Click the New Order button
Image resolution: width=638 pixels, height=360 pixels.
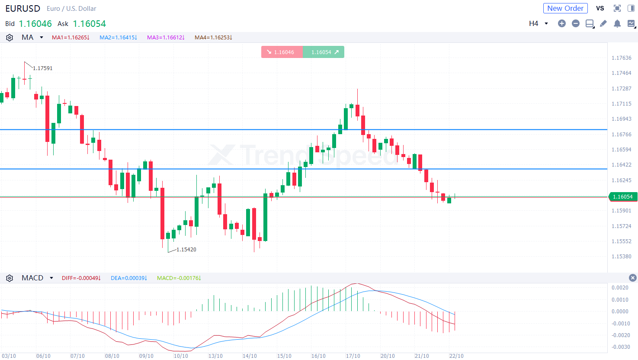[565, 8]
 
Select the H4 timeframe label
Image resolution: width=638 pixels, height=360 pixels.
[533, 23]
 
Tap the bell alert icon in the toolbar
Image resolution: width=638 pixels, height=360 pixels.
[617, 23]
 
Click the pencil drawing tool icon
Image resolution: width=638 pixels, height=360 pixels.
[603, 23]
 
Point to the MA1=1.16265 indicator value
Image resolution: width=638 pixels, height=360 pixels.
[71, 38]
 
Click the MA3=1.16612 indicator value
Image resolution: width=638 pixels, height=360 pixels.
[166, 38]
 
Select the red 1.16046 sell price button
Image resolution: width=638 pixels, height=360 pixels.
[282, 52]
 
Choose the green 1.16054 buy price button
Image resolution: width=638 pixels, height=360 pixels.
[324, 52]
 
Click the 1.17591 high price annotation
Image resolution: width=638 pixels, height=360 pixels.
[43, 68]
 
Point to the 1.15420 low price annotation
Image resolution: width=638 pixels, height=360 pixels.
[186, 250]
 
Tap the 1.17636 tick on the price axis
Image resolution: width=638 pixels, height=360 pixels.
[621, 58]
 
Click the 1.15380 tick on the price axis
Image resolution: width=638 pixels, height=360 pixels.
[621, 257]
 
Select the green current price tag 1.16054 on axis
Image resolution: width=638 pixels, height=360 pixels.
[622, 197]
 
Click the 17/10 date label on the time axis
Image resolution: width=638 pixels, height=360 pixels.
[353, 356]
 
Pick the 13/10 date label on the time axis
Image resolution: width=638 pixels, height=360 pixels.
[215, 356]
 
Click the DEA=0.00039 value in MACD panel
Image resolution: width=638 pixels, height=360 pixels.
[128, 278]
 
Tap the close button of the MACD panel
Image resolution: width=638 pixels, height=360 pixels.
[632, 278]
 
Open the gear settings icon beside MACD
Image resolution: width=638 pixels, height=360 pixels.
[10, 278]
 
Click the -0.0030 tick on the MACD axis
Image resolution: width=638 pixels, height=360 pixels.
[620, 347]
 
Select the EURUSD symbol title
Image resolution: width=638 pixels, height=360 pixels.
[22, 9]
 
